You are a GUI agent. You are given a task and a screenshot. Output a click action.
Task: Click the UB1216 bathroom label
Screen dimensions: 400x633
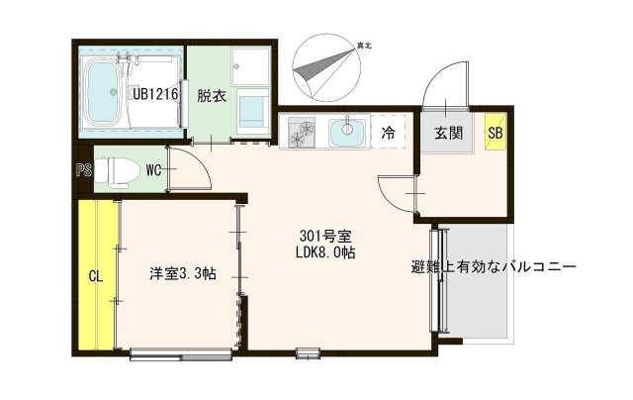pyautogui.click(x=156, y=94)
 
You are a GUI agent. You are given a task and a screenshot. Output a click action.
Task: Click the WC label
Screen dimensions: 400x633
pyautogui.click(x=153, y=169)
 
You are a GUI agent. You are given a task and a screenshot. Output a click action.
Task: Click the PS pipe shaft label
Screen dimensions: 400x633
pyautogui.click(x=83, y=169)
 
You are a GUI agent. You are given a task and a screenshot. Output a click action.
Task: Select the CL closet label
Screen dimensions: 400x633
pyautogui.click(x=96, y=276)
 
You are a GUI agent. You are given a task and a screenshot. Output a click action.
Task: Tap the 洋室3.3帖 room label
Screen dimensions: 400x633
pyautogui.click(x=183, y=274)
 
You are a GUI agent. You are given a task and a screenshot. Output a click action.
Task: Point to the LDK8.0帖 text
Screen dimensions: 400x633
pyautogui.click(x=327, y=253)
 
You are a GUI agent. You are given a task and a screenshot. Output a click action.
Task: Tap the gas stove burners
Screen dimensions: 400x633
pyautogui.click(x=300, y=130)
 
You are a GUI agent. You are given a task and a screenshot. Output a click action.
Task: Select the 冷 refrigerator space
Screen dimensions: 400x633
pyautogui.click(x=389, y=131)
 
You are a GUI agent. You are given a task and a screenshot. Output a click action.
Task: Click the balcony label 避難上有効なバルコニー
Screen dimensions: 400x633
pyautogui.click(x=494, y=267)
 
